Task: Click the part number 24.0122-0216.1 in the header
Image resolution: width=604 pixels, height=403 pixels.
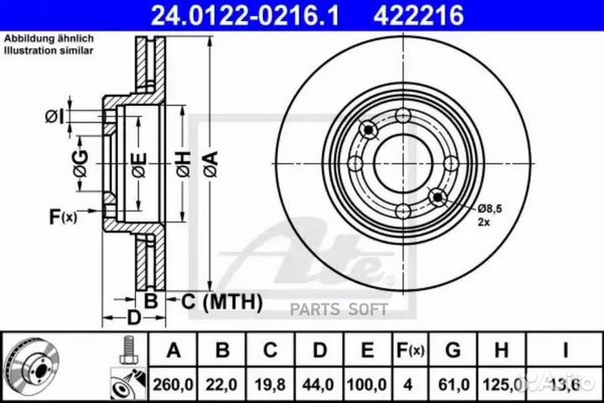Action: [x=245, y=15]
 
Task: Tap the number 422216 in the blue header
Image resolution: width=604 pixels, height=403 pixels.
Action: [x=419, y=15]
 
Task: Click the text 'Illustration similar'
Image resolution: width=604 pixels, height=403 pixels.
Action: [x=49, y=50]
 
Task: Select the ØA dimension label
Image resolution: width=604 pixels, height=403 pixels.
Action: [x=211, y=164]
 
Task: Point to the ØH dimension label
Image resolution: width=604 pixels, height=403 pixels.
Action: [x=184, y=164]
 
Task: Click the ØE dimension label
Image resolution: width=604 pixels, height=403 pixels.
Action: [x=139, y=165]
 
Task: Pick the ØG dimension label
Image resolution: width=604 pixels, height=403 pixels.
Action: [x=81, y=164]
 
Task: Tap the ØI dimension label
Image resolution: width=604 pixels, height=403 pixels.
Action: [x=55, y=116]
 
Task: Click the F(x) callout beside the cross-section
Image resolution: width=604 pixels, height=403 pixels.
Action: [x=63, y=217]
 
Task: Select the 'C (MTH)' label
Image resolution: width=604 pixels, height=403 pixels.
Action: [x=221, y=301]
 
